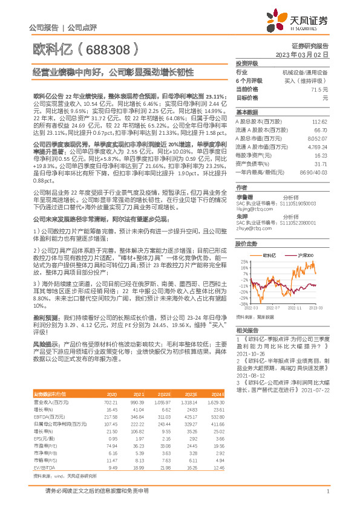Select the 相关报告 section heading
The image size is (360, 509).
click(247, 330)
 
